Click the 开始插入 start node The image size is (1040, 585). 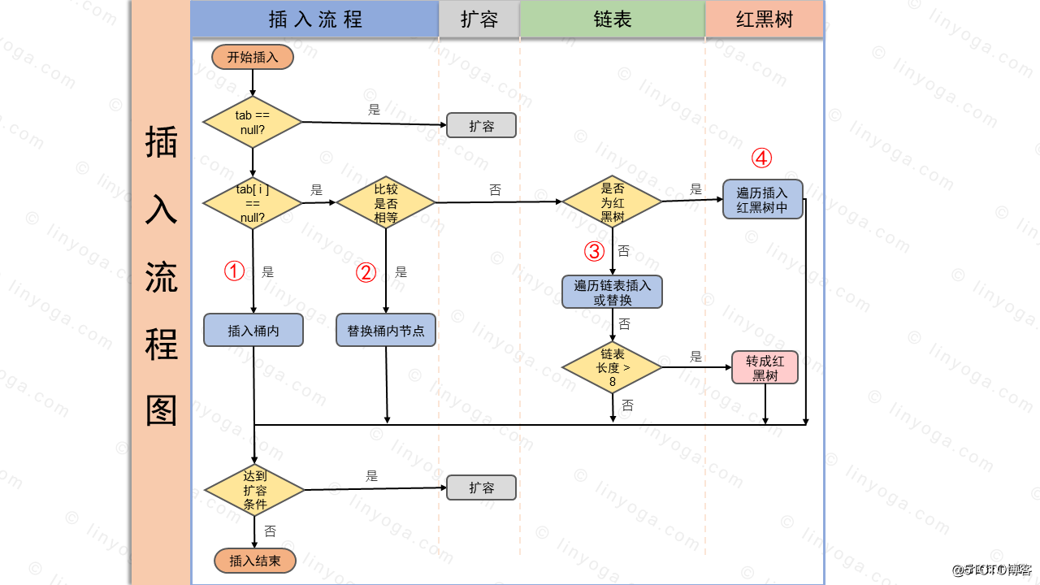click(x=252, y=57)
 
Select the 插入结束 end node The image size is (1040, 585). click(x=255, y=561)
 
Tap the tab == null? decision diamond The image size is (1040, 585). click(x=252, y=122)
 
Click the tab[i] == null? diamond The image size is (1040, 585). click(x=252, y=203)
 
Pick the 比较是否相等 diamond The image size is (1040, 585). click(x=386, y=203)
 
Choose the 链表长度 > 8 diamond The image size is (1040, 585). click(x=613, y=367)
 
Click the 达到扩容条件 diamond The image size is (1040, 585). click(x=254, y=491)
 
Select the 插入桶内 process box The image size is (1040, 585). click(x=253, y=331)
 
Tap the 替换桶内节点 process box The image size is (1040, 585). click(x=386, y=331)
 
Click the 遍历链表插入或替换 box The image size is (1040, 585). click(x=613, y=292)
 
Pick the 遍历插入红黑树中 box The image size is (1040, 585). click(x=762, y=199)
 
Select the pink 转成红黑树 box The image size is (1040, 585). click(x=765, y=368)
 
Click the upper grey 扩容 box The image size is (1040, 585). click(x=481, y=126)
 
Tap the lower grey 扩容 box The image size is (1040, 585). click(x=481, y=487)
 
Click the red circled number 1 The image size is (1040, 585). click(x=234, y=271)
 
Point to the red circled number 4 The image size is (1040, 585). click(x=761, y=157)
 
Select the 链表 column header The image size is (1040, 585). click(x=612, y=19)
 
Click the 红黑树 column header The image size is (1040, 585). click(x=764, y=19)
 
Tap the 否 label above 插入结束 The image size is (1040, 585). click(x=270, y=531)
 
